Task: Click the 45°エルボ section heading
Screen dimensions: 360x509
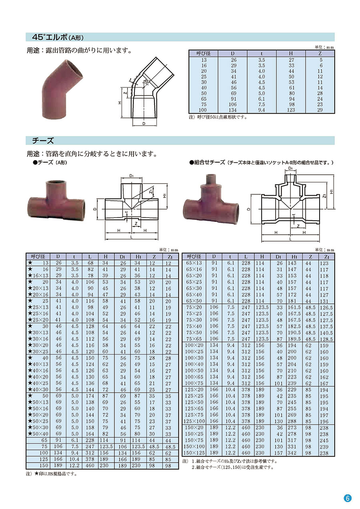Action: [x=58, y=37]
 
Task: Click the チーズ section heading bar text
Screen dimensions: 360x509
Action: [x=43, y=141]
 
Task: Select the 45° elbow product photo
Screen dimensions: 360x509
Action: [x=62, y=89]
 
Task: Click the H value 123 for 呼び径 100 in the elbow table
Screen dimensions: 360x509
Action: [x=291, y=110]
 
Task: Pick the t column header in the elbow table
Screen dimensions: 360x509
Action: [x=262, y=54]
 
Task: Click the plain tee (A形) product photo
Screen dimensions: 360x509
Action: [x=56, y=200]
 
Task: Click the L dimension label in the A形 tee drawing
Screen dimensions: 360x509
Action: [x=131, y=237]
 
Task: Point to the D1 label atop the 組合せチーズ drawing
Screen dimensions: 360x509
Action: [x=290, y=168]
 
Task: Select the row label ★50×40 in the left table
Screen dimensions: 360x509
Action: [x=38, y=434]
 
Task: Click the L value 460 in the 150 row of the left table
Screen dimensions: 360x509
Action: [x=90, y=465]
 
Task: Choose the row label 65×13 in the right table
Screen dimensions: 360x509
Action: [x=194, y=263]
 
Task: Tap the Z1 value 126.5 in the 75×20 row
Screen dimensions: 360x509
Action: [x=326, y=307]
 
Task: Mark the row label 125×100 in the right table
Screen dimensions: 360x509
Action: [x=194, y=421]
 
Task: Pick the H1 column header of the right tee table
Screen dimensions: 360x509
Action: [x=294, y=257]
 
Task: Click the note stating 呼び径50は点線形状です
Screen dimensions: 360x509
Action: [x=218, y=118]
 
